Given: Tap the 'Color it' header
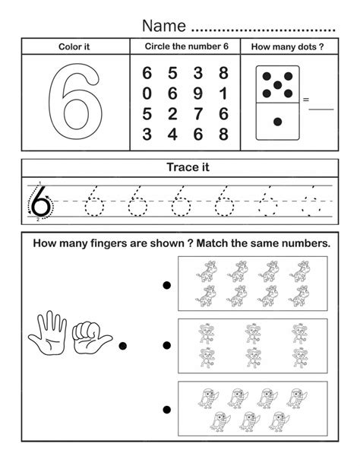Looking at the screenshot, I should pos(74,47).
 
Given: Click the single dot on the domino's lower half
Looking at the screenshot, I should pos(278,122).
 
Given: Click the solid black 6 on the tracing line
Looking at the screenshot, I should pos(42,202).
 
